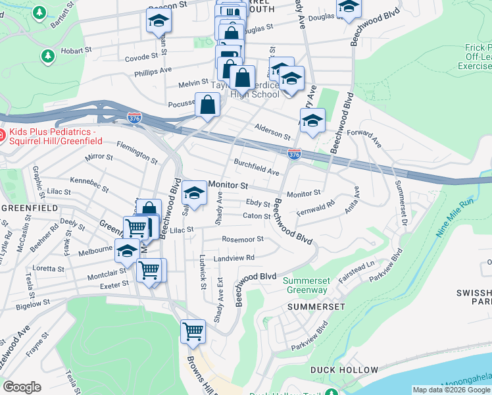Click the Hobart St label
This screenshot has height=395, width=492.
[78, 50]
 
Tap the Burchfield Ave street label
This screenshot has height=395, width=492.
[257, 167]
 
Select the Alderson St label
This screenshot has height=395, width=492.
[272, 131]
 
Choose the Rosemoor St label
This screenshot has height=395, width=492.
[243, 239]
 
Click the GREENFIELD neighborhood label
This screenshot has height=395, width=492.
[22, 207]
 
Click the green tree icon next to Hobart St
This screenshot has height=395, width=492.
[47, 55]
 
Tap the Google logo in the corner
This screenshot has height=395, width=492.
[22, 386]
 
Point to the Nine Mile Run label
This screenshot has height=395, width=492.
[455, 217]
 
